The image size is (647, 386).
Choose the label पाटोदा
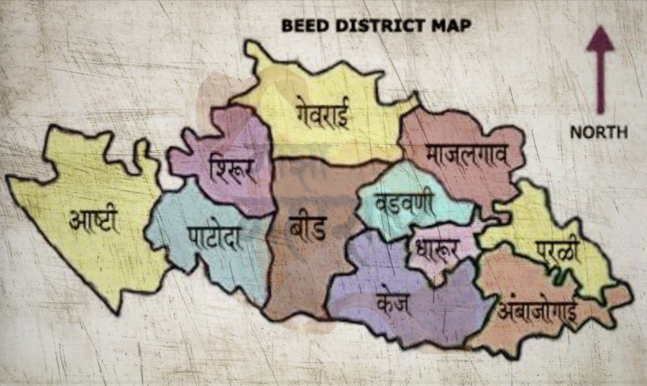click(216, 238)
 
